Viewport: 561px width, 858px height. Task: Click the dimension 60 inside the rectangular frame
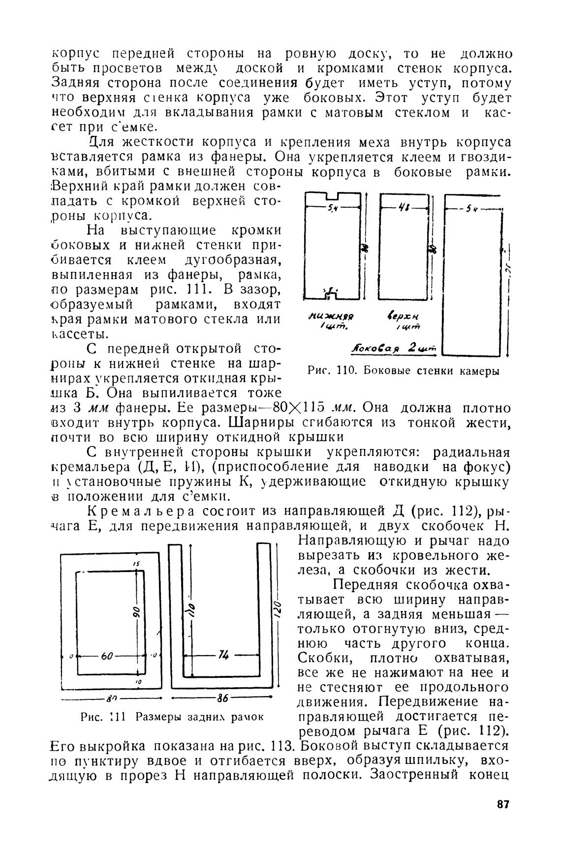[x=107, y=656]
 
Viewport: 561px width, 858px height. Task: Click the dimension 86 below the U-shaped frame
[x=222, y=698]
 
